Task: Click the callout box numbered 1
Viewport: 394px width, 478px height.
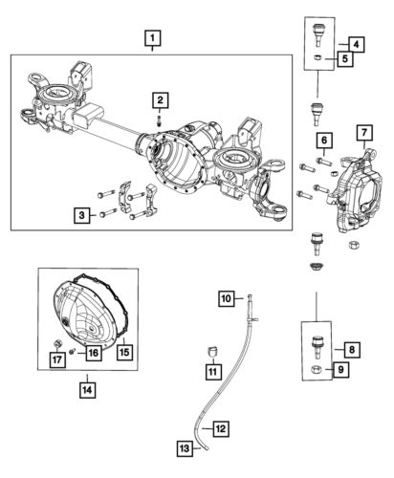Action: click(x=153, y=40)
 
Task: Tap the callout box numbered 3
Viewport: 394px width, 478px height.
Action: click(x=83, y=216)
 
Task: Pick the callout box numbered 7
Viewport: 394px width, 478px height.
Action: click(x=364, y=132)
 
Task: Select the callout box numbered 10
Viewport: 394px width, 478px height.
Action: click(x=228, y=299)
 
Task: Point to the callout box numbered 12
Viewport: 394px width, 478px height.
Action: click(x=220, y=429)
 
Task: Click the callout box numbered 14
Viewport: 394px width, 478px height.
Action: click(x=88, y=389)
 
